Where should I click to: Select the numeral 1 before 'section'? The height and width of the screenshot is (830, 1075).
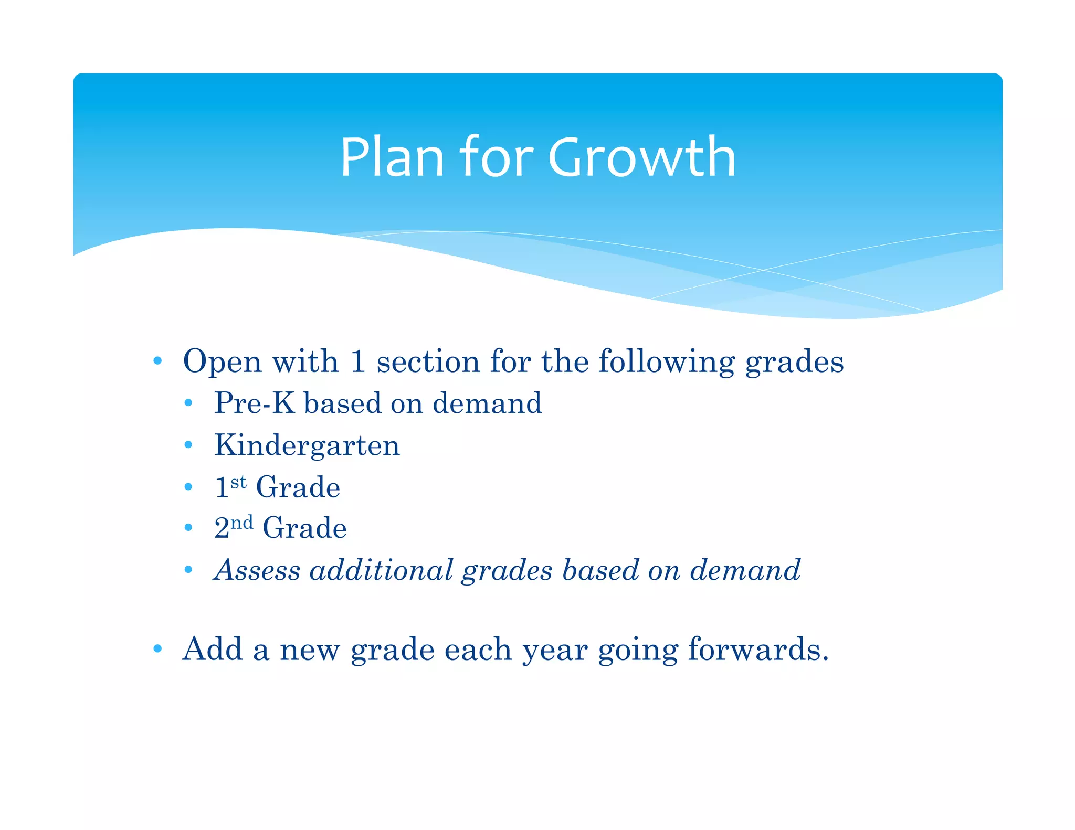coord(357,362)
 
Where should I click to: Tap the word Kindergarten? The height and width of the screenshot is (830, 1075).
coord(307,446)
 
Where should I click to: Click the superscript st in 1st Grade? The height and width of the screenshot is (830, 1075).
coord(238,482)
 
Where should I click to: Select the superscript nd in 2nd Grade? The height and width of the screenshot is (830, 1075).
coord(242,523)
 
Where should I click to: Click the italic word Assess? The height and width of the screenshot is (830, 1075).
coord(257,570)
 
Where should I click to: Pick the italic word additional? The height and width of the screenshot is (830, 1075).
coord(381,570)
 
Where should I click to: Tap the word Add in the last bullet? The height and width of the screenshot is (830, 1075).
coord(213,650)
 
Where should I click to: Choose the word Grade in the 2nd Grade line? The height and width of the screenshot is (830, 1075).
coord(304,528)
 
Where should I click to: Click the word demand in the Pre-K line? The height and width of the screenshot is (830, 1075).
coord(487,403)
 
